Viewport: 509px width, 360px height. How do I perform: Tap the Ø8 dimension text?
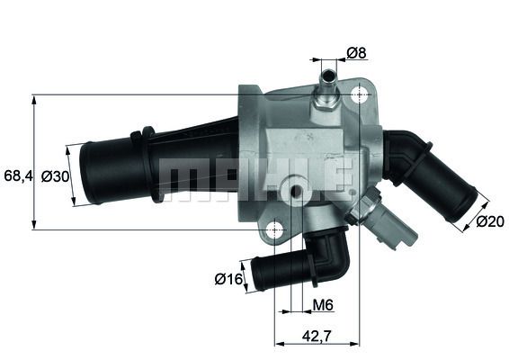(x=356, y=53)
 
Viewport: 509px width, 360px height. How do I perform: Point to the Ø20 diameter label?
(x=490, y=220)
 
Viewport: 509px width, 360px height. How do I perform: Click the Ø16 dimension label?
(x=229, y=279)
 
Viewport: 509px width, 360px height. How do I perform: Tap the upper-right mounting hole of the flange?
(x=361, y=94)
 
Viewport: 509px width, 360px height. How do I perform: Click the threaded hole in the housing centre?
(x=296, y=191)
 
